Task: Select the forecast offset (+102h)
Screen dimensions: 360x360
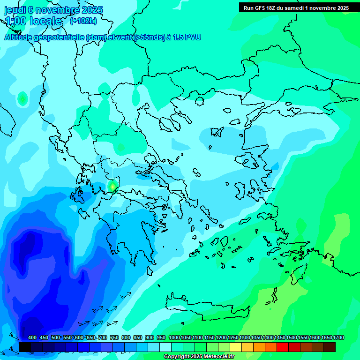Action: coord(83,21)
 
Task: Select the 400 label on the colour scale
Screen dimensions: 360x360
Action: coord(32,337)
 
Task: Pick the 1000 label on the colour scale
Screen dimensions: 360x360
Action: coord(174,337)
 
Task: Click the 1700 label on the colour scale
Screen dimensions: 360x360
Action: coord(338,337)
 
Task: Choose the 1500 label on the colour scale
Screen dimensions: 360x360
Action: coord(292,337)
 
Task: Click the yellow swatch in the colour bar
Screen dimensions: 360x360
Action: coord(236,347)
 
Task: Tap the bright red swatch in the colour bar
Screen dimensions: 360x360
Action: coord(283,347)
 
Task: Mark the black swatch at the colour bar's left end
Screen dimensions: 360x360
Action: coord(25,347)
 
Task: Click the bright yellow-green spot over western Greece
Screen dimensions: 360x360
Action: coord(112,187)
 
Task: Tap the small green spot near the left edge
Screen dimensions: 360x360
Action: coord(22,98)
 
